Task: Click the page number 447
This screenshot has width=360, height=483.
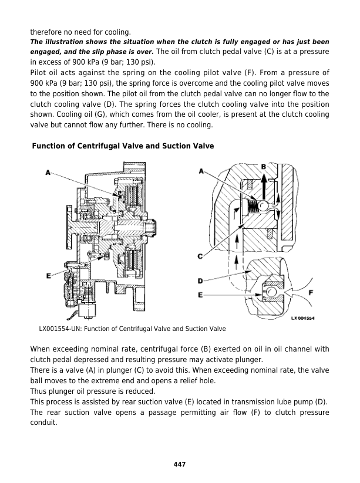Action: (x=180, y=464)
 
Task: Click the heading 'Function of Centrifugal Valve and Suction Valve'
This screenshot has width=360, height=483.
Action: (x=123, y=146)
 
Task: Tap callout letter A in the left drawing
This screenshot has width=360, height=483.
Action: (x=47, y=172)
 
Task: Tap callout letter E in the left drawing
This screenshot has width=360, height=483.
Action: (x=47, y=276)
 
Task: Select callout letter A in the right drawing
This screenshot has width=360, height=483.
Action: (x=201, y=171)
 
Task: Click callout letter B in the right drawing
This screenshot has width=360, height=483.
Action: (x=264, y=167)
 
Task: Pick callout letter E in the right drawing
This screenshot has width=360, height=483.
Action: (x=201, y=295)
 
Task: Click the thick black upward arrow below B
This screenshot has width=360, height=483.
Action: (x=264, y=188)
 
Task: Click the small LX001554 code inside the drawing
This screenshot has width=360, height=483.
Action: (x=303, y=318)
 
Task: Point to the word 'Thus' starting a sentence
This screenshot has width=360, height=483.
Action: (x=38, y=391)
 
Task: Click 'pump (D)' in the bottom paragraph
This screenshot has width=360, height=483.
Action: (x=313, y=402)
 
